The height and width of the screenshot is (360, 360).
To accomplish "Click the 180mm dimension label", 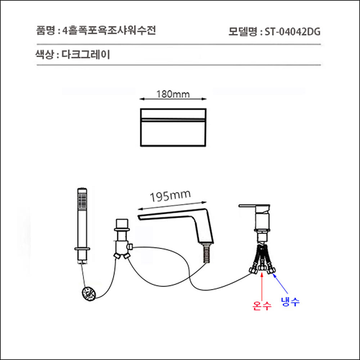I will pos(172,95).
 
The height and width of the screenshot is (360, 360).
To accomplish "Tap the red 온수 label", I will pos(262,307).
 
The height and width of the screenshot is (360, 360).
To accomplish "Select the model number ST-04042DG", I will pos(293,31).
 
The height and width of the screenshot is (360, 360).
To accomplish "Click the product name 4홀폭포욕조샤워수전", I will pos(109,30).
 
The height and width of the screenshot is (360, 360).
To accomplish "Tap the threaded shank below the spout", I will pos(208,253).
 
